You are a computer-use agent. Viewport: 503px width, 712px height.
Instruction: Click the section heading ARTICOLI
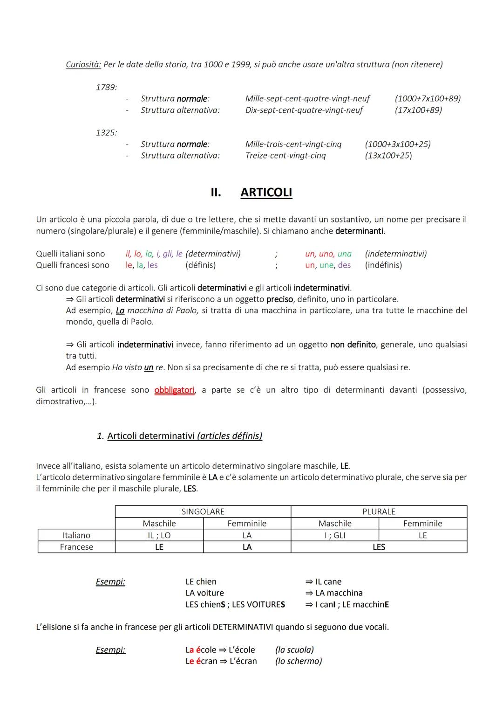tap(266, 193)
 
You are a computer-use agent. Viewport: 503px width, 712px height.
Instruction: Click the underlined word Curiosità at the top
tap(83, 64)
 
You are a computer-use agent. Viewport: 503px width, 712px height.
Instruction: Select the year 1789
tap(106, 87)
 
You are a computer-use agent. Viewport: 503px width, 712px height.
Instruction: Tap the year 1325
tap(106, 132)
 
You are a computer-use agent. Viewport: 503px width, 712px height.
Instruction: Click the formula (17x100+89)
tap(418, 110)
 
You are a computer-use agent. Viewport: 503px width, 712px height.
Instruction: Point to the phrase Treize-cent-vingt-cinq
tap(285, 155)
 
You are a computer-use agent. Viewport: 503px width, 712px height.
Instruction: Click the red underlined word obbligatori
tap(174, 390)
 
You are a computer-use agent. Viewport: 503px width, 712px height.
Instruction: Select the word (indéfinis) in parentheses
tap(383, 265)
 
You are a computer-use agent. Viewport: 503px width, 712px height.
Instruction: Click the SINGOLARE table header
tap(203, 512)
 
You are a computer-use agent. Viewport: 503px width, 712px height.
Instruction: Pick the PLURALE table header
tap(379, 512)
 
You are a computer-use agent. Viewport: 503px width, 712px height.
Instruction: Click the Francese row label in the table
tap(76, 547)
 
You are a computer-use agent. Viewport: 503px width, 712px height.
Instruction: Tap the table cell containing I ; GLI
tap(334, 535)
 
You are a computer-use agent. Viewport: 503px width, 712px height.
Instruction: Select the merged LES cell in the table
tap(379, 547)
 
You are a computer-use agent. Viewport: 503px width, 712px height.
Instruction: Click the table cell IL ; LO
tap(159, 535)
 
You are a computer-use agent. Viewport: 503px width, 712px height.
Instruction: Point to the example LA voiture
tap(204, 593)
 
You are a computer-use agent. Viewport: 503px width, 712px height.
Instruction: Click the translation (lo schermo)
tap(298, 661)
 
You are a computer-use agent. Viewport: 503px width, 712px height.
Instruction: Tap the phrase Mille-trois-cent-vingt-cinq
tap(293, 144)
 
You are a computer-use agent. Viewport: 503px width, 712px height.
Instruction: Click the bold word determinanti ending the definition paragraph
tap(359, 231)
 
